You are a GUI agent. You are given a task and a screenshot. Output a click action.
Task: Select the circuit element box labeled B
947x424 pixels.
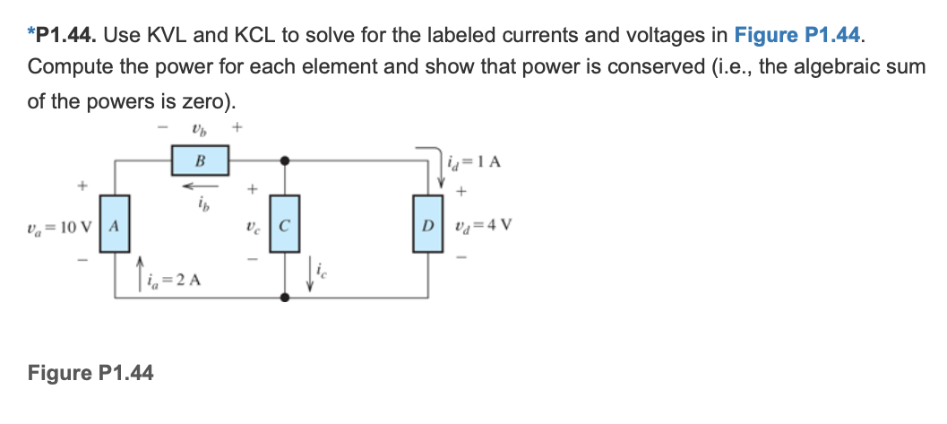pyautogui.click(x=200, y=161)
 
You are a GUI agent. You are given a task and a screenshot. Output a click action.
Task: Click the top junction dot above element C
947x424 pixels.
pyautogui.click(x=284, y=161)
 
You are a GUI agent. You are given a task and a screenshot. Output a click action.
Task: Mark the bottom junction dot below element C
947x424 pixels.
pyautogui.click(x=284, y=296)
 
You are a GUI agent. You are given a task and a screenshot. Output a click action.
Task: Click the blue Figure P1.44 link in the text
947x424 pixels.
pyautogui.click(x=798, y=36)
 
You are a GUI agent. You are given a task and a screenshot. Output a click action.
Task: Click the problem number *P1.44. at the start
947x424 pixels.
pyautogui.click(x=64, y=36)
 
